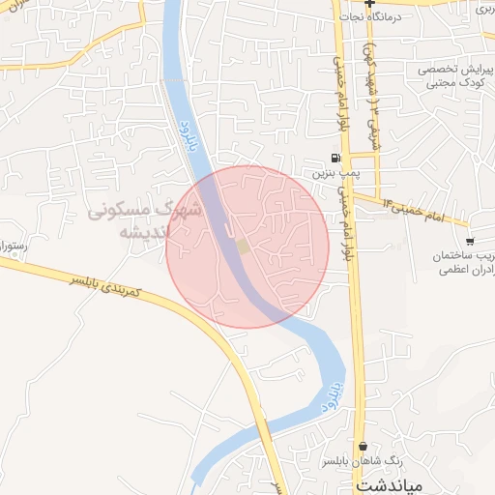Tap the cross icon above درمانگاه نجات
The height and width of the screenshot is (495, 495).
[x=369, y=3]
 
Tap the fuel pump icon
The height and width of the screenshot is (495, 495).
[x=335, y=159]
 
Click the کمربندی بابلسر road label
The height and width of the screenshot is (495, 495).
[x=93, y=285]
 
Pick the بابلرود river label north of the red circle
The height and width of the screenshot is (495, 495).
[x=185, y=126]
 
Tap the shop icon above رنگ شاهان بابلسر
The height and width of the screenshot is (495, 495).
[x=363, y=447]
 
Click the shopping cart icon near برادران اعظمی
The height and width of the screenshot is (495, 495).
[x=470, y=241]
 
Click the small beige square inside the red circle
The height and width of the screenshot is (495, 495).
[x=243, y=247]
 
